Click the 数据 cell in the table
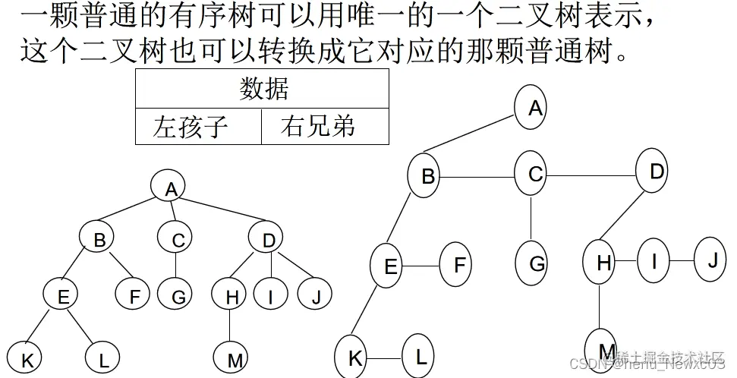pos(263,89)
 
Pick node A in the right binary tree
pos(534,108)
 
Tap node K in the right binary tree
pos(354,357)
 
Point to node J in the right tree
pos(712,260)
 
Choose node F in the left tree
pos(134,295)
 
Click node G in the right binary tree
pos(536,264)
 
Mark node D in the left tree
pos(269,240)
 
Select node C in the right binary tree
pos(535,175)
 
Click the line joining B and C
pos(479,177)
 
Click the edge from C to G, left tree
pos(177,265)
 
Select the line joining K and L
pos(385,357)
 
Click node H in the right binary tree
pos(602,263)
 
